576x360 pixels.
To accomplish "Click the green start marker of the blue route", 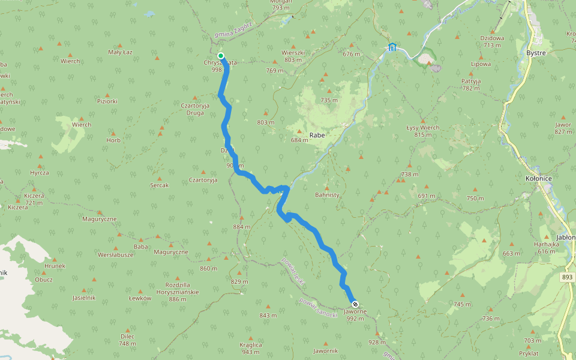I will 221,56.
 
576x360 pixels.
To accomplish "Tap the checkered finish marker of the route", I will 355,304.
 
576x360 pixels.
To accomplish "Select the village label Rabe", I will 317,135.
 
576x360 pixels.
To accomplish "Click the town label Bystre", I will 535,53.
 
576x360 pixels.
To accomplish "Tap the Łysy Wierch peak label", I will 422,128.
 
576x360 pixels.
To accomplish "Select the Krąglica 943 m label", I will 250,348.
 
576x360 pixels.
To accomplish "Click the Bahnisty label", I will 327,194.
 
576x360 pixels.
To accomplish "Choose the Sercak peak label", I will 159,185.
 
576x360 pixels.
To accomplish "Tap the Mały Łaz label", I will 120,53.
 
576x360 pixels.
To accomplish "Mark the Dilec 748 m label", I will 127,340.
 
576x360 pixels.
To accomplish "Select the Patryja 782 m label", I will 471,85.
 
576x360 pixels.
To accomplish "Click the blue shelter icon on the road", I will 392,47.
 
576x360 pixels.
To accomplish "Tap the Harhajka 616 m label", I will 546,248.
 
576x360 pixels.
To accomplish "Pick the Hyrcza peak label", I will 40,172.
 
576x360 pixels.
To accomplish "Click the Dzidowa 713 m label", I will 492,41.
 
